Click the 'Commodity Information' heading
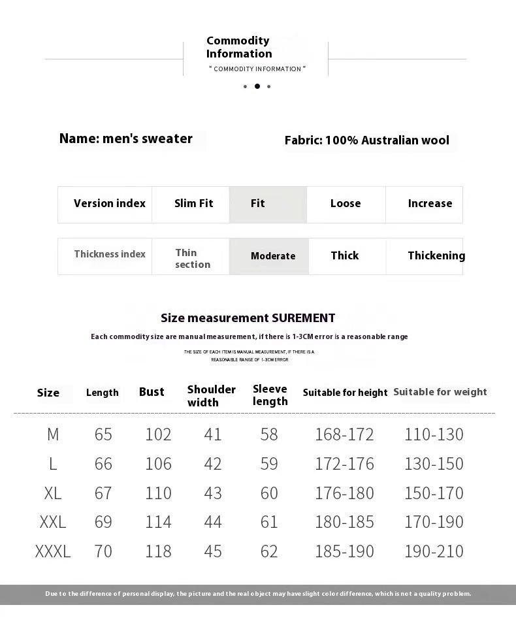click(x=238, y=47)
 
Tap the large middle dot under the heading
click(x=257, y=86)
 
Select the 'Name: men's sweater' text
click(x=126, y=139)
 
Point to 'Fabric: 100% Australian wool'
click(x=367, y=140)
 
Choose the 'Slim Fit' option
click(x=193, y=204)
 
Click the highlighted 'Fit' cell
click(x=268, y=204)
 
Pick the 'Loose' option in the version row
click(x=346, y=204)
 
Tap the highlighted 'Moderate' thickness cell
click(x=272, y=256)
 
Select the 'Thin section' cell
click(x=192, y=258)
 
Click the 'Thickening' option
click(x=436, y=256)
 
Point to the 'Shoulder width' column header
click(x=212, y=396)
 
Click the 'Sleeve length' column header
click(x=270, y=395)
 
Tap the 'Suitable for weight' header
click(x=440, y=392)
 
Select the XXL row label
click(x=53, y=522)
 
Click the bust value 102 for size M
click(x=158, y=434)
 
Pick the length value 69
click(x=103, y=522)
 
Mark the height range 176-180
click(x=344, y=493)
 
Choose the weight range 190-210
click(x=434, y=551)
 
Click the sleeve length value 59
click(x=269, y=464)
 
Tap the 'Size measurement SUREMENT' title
click(x=248, y=318)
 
